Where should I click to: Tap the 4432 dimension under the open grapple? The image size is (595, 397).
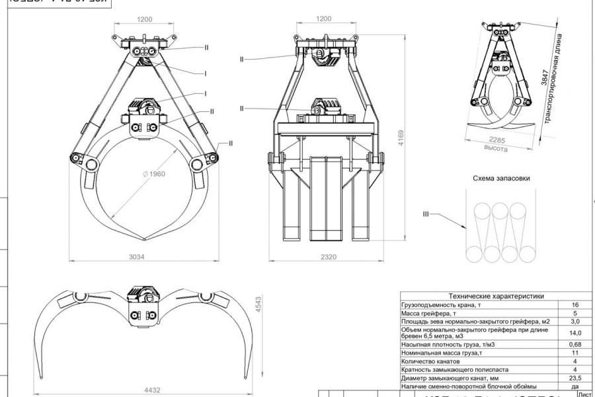(151, 391)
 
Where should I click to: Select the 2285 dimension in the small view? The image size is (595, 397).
(497, 140)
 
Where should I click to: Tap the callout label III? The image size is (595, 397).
(426, 214)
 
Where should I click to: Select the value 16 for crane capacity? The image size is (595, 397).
(575, 304)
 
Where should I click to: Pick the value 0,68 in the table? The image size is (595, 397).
(575, 345)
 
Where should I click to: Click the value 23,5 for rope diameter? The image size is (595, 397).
(575, 378)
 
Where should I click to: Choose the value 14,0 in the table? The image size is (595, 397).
(575, 333)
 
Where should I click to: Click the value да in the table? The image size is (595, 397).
(575, 386)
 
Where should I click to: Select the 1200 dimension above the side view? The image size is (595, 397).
(323, 19)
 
